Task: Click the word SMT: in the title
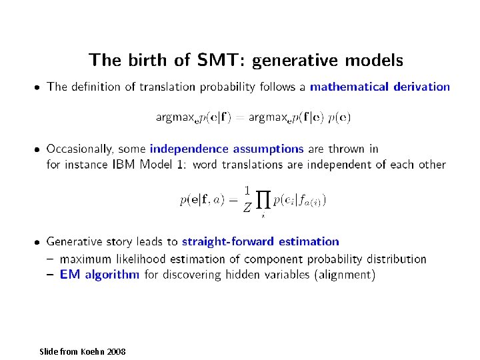[222, 61]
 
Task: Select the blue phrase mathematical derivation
[380, 87]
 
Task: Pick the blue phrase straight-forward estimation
[260, 242]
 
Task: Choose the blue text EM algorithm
[99, 274]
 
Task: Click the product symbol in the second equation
[263, 199]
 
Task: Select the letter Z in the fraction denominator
[247, 208]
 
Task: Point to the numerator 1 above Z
[247, 190]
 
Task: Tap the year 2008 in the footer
[115, 351]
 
